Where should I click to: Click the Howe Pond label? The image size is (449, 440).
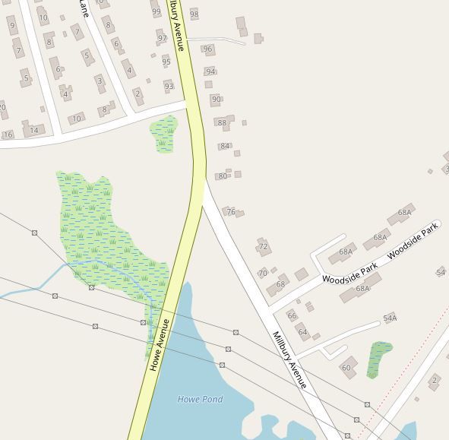click(200, 399)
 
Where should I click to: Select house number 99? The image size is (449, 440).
click(157, 11)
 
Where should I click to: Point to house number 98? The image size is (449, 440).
click(194, 14)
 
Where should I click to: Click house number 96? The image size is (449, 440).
click(207, 49)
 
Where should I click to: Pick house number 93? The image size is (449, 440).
click(169, 86)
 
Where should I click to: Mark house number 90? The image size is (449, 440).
click(217, 100)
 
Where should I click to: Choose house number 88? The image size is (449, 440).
click(222, 122)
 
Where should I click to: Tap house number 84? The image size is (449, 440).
click(225, 146)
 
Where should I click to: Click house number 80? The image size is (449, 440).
click(223, 176)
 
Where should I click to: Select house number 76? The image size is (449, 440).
click(231, 212)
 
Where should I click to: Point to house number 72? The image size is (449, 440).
click(263, 247)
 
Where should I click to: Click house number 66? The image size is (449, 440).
click(292, 315)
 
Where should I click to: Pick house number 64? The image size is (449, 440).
click(302, 332)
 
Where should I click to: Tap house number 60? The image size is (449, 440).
click(346, 368)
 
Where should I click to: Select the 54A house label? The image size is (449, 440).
click(390, 318)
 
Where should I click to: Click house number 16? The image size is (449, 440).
click(8, 135)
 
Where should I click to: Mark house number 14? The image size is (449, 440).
click(33, 130)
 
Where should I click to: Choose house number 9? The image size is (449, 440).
click(12, 26)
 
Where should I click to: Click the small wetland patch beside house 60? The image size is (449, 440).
click(378, 358)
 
